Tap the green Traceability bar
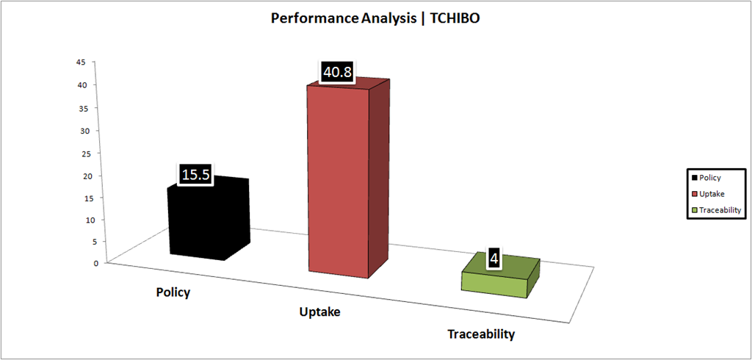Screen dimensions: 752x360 [501, 276]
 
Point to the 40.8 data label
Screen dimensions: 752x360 [337, 73]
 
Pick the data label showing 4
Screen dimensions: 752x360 [494, 259]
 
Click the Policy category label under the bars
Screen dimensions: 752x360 [173, 292]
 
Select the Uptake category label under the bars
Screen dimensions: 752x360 [319, 312]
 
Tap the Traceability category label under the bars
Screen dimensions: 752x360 [481, 334]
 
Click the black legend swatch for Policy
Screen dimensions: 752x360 [694, 178]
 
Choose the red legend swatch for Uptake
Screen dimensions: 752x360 [694, 194]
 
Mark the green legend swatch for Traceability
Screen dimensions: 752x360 [694, 210]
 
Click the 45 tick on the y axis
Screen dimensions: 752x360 [82, 62]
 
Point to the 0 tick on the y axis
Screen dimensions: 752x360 [84, 262]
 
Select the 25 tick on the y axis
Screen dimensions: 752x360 [82, 153]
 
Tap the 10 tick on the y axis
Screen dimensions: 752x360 [82, 220]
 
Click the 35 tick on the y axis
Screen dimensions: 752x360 [82, 108]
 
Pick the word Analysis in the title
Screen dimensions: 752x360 [381, 18]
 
